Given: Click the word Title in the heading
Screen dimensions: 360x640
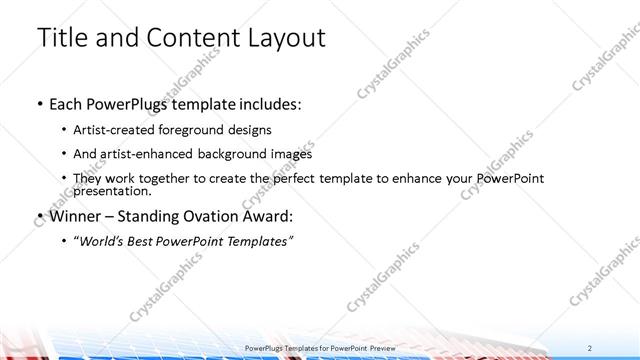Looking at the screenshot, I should pos(63,38).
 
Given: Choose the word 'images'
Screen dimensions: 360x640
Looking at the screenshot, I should pos(291,154).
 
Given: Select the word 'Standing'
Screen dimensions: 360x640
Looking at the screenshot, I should pos(160,215).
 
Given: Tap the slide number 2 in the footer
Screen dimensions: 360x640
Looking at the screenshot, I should pos(592,347).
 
